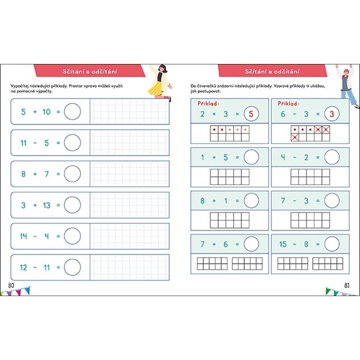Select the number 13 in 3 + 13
(47, 205)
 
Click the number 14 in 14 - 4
(23, 236)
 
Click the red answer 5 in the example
(251, 114)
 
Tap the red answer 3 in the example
(332, 114)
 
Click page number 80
(11, 286)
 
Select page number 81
(347, 286)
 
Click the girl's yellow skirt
(155, 89)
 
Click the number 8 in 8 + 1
(202, 200)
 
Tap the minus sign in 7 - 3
(295, 201)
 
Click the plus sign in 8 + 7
(35, 174)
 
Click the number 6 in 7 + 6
(226, 244)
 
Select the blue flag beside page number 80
(28, 290)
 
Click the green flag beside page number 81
(329, 291)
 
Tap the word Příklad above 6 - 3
(288, 103)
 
